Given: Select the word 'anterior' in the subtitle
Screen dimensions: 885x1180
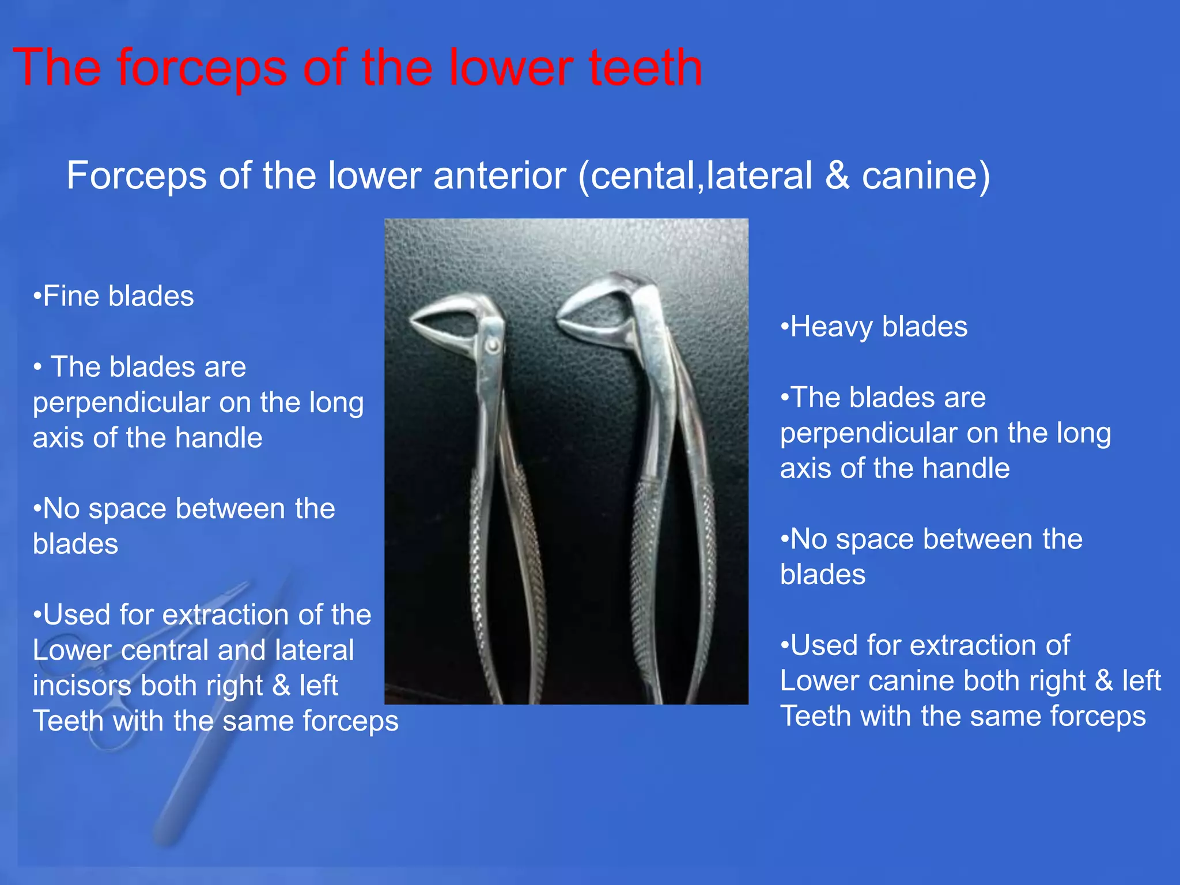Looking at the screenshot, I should point(499,175).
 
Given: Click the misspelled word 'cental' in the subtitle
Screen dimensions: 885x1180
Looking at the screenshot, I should point(643,175).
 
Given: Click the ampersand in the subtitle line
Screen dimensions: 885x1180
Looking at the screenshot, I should point(837,175).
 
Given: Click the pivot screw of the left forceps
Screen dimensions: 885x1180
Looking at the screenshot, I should point(493,345).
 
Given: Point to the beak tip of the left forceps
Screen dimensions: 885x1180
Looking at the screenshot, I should point(414,323).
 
